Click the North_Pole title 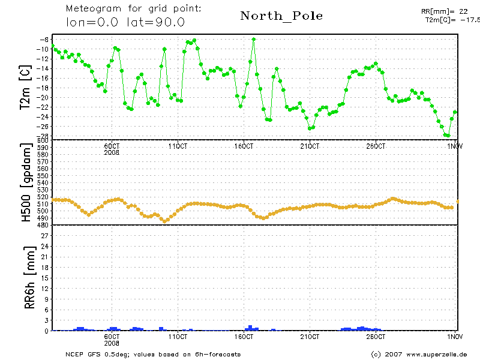coord(281,16)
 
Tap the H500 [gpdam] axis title coord(26,183)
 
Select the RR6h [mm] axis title coord(26,281)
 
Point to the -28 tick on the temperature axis coord(44,136)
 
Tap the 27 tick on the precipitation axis coord(44,236)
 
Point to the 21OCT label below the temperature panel coord(310,146)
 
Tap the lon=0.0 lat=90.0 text coord(125,22)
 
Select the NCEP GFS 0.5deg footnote coord(153,354)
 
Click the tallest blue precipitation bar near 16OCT coord(250,328)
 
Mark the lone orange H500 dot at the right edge coord(458,202)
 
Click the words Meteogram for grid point coord(133,9)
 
